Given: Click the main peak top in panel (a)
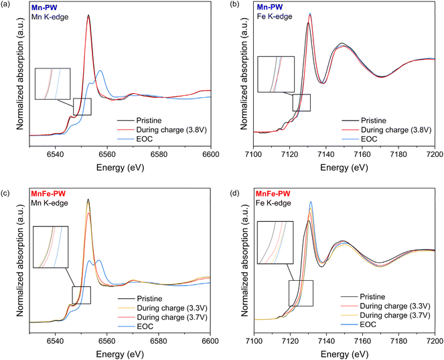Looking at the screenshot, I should [88, 15].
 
